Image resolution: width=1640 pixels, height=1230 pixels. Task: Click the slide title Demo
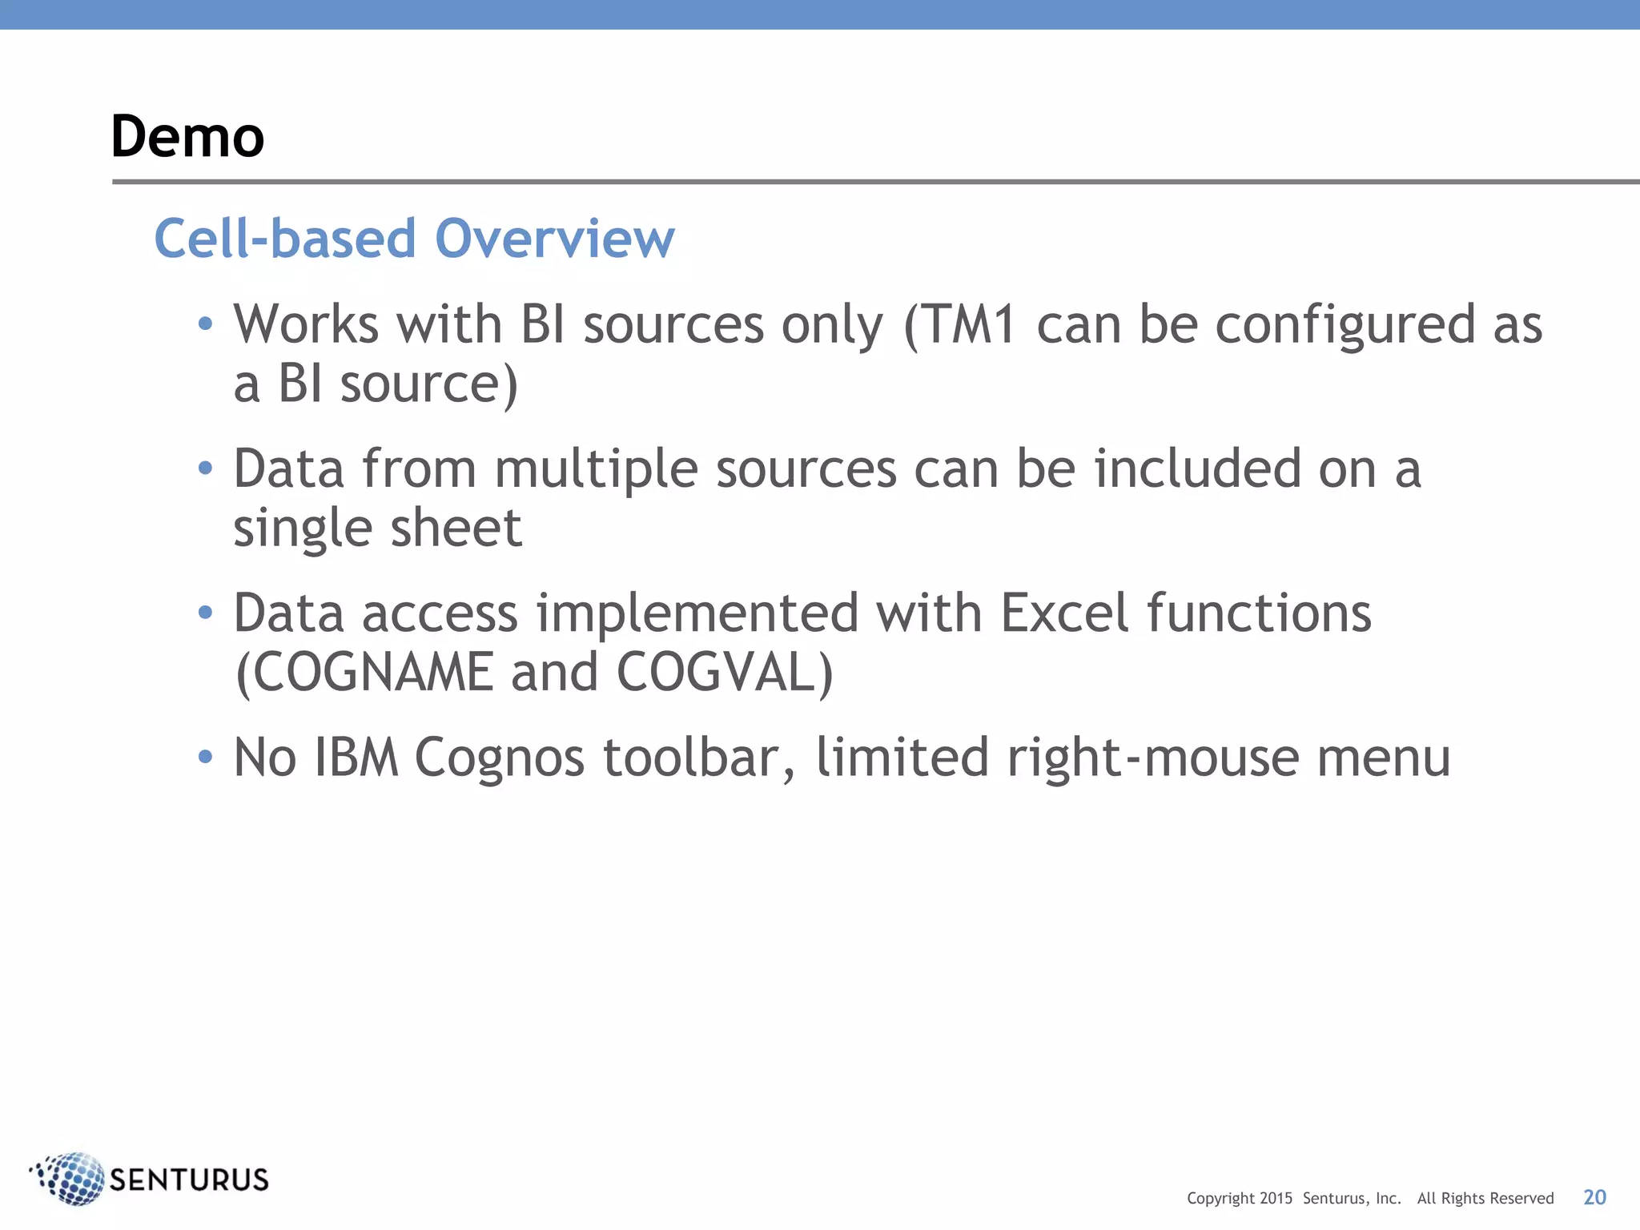(187, 136)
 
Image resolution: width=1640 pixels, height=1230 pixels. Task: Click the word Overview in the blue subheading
(554, 239)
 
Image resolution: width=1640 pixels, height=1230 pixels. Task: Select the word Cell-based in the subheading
(285, 239)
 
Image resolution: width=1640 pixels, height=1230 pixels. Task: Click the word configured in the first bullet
(1345, 326)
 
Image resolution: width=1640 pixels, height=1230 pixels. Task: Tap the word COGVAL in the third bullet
(716, 673)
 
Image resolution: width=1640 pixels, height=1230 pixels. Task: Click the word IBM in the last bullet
(356, 758)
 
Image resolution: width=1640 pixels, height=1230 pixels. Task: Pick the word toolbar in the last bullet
(698, 758)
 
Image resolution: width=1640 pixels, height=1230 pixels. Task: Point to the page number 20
(1594, 1197)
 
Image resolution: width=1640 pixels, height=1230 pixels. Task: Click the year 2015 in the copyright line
(1276, 1199)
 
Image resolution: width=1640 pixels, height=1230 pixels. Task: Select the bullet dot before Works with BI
(206, 324)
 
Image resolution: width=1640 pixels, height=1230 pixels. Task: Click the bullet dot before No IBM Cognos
(206, 757)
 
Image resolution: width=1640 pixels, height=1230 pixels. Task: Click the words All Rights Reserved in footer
(1485, 1199)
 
